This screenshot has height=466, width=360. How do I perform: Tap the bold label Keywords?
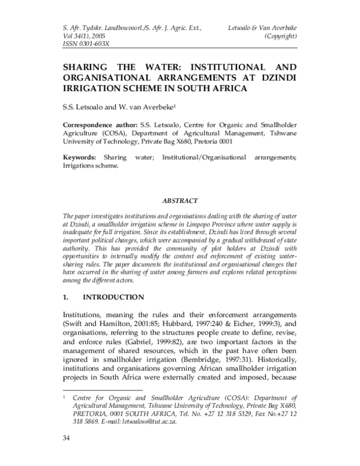[x=79, y=157]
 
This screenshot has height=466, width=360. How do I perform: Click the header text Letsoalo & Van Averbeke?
[x=263, y=28]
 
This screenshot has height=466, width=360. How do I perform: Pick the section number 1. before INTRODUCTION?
[x=67, y=297]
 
